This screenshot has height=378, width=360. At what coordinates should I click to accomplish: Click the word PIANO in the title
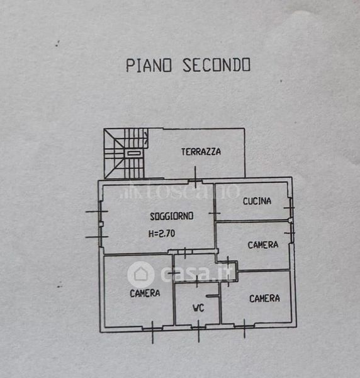tap(149, 65)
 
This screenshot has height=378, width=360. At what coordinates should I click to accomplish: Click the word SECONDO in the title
tap(217, 65)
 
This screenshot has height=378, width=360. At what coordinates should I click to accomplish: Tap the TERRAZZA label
tap(201, 152)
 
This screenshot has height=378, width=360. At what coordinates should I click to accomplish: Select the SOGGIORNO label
tap(172, 216)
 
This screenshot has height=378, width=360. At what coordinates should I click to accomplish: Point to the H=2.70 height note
tap(162, 233)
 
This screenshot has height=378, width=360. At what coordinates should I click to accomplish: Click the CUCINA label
tap(257, 201)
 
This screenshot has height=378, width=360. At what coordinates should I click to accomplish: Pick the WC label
tap(198, 308)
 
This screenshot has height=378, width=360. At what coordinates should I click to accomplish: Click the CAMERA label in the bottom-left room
tap(145, 293)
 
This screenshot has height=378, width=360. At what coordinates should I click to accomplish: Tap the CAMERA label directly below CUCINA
tap(263, 245)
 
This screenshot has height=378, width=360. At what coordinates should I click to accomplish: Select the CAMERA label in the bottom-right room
tap(264, 299)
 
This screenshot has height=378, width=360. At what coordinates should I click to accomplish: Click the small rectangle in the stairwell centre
tap(133, 153)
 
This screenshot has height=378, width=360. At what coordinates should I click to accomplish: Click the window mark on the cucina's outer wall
tap(291, 208)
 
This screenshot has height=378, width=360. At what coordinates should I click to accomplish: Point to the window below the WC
tap(199, 328)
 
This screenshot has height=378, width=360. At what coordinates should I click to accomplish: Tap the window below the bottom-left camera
tap(152, 329)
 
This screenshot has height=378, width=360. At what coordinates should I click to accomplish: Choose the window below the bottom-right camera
tap(244, 326)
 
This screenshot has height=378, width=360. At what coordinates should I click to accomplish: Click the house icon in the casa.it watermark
tap(140, 274)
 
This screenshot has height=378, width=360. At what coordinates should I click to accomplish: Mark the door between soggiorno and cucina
tap(215, 213)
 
